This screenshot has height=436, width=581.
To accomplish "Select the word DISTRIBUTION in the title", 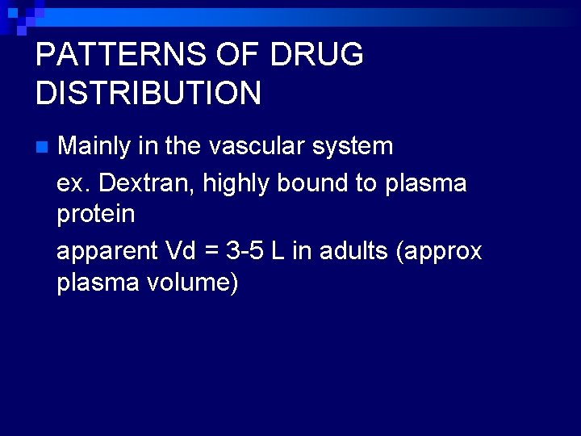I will (x=148, y=94).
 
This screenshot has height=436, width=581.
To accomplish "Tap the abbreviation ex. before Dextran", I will (x=73, y=183).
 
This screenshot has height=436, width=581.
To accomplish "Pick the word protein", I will (x=96, y=215).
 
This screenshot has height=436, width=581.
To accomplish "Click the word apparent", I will (x=107, y=252).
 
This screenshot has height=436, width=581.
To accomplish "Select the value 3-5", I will (x=245, y=251).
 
